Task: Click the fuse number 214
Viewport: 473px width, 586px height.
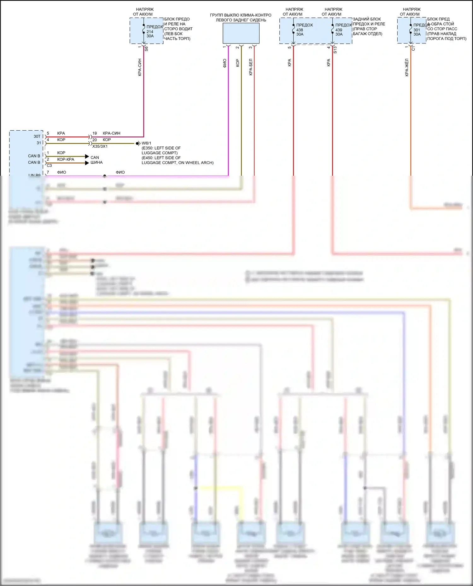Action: tap(150, 31)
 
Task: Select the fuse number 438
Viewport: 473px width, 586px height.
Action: tap(300, 30)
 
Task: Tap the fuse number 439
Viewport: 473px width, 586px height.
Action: tap(339, 30)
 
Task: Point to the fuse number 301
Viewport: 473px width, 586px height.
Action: tap(417, 30)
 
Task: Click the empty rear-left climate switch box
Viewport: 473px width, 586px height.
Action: tap(241, 33)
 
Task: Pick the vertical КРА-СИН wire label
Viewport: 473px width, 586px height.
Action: tap(140, 67)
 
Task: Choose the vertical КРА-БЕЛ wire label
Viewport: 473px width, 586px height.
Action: tap(251, 67)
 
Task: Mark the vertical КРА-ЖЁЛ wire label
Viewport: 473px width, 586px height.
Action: tap(407, 67)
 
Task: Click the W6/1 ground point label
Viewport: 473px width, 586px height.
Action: tap(146, 143)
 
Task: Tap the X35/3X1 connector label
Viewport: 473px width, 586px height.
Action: tap(100, 146)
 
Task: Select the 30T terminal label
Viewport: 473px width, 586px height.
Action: tap(37, 136)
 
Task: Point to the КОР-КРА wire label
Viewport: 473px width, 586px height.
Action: tap(66, 159)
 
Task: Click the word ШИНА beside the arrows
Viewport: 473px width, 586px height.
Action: tap(96, 162)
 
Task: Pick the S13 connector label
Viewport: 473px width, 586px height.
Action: tap(335, 50)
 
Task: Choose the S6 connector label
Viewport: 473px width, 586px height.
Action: tap(146, 49)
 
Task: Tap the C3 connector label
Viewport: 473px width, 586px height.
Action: tap(49, 165)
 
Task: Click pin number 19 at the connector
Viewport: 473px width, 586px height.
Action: tap(95, 133)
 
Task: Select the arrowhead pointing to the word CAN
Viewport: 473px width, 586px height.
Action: tap(87, 156)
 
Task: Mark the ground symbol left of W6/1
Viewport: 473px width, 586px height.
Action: tap(137, 144)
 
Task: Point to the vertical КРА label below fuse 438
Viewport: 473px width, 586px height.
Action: tap(289, 62)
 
